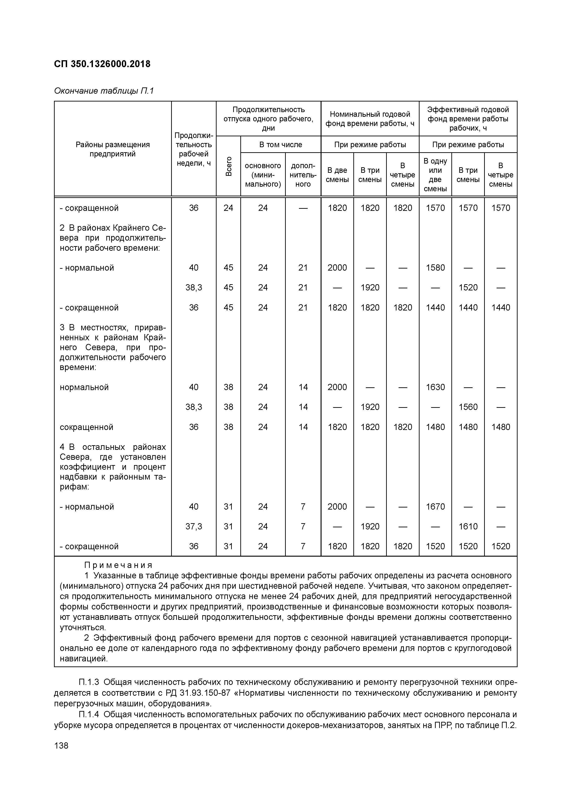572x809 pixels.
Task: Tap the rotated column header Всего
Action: click(x=228, y=166)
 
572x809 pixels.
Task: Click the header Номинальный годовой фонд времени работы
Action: click(x=369, y=119)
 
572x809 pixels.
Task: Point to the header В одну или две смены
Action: click(x=435, y=175)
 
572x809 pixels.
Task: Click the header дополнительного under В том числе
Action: click(x=303, y=175)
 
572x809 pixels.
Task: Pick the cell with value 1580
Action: click(x=435, y=268)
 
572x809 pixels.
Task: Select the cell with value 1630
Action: click(x=435, y=387)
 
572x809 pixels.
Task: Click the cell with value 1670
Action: click(x=435, y=507)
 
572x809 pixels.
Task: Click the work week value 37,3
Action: click(x=194, y=526)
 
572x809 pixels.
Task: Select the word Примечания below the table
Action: click(x=118, y=565)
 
